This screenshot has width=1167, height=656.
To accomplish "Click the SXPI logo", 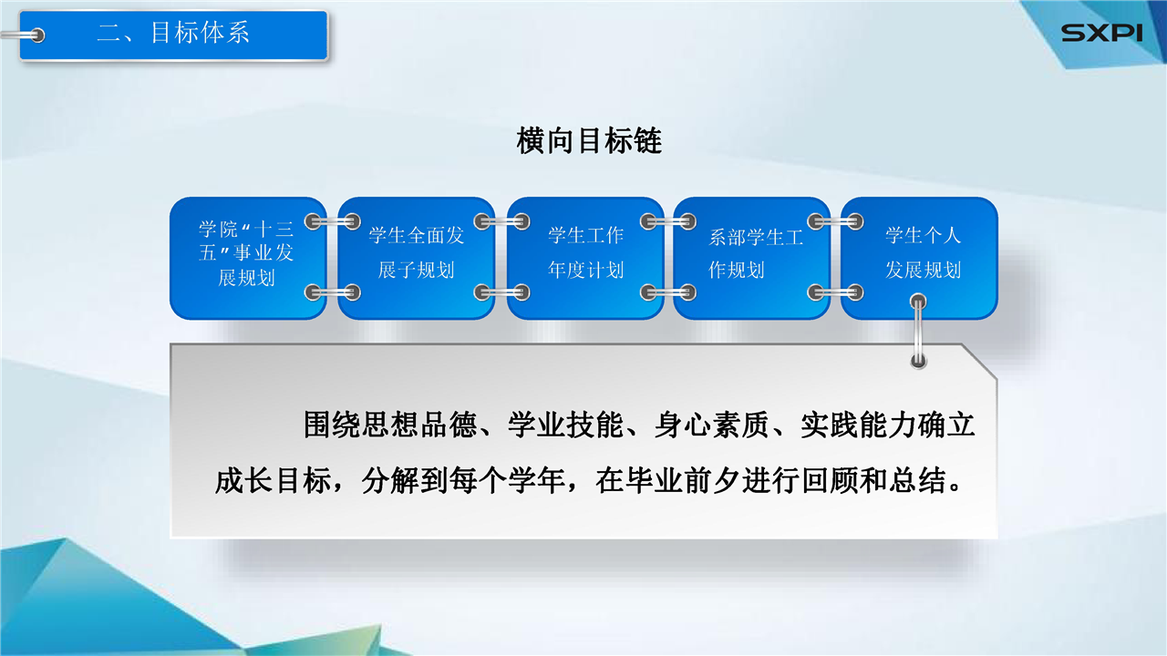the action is pos(1101,33).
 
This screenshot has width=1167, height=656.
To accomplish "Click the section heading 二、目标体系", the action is pos(173,33).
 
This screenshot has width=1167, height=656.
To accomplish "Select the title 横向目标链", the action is pos(589,141).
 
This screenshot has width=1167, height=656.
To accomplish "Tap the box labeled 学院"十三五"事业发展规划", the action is pos(248,258).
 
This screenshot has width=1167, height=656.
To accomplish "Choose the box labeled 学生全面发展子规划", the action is pos(417,258).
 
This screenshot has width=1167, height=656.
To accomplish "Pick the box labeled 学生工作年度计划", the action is pos(585,258).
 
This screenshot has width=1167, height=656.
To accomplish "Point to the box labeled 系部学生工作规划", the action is pos(752,258).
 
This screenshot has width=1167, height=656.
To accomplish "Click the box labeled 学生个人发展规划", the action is pos(920,258).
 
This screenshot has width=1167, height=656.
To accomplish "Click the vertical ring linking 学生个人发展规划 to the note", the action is pos(918,331).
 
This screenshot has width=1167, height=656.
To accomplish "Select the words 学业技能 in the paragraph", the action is pos(565,425).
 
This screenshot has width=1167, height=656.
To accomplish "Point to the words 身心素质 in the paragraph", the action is pos(712,425).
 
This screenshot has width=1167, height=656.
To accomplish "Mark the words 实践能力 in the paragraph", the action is pos(858,425).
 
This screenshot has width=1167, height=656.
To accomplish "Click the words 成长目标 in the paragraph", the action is pos(273,480).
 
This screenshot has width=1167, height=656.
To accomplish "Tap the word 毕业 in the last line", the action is pos(655,480).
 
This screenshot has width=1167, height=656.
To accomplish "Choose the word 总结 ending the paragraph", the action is pos(918,480).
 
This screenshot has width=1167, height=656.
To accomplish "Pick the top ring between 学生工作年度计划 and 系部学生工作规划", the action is pos(668,222).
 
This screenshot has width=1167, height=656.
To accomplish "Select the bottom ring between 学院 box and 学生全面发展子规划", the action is pos(333,292).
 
